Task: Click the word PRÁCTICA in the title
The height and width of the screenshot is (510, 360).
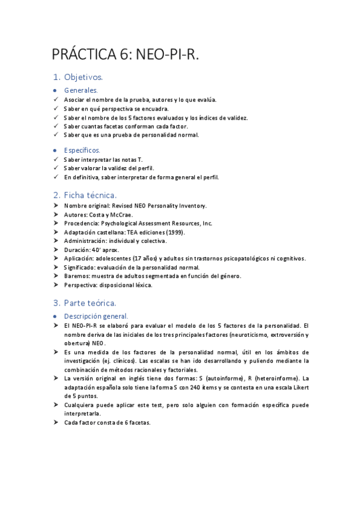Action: click(88, 55)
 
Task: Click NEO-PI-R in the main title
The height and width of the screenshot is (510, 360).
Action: click(168, 55)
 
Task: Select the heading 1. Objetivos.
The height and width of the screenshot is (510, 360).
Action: click(78, 78)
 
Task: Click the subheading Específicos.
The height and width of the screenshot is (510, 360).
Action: click(82, 150)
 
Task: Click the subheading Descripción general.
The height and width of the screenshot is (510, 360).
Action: click(96, 316)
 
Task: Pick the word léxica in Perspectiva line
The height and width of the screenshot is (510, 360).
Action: click(142, 285)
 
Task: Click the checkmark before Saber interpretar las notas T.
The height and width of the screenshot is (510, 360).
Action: click(56, 159)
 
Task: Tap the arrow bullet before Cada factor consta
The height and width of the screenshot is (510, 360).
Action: click(56, 422)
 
